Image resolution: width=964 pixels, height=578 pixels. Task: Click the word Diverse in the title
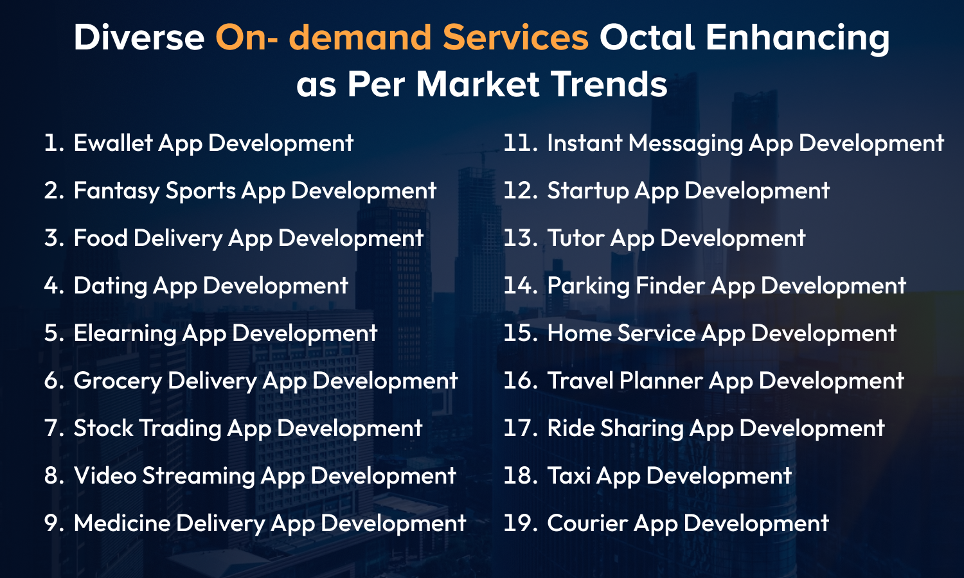(139, 37)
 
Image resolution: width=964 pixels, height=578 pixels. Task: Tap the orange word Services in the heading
(515, 37)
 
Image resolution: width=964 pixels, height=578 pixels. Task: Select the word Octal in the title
(647, 37)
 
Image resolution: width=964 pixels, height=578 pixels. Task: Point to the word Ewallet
(113, 143)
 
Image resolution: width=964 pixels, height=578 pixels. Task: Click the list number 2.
(54, 191)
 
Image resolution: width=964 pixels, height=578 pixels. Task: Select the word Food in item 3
(101, 238)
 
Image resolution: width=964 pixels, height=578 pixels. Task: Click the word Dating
(111, 286)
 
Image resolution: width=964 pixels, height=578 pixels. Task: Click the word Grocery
(118, 381)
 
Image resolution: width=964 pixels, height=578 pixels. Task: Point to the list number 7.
(54, 428)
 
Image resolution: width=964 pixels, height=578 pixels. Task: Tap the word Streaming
(199, 477)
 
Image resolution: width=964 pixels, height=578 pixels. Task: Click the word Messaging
(686, 144)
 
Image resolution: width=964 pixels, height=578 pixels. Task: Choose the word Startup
(588, 191)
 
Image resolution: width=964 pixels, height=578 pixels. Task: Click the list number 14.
(521, 286)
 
